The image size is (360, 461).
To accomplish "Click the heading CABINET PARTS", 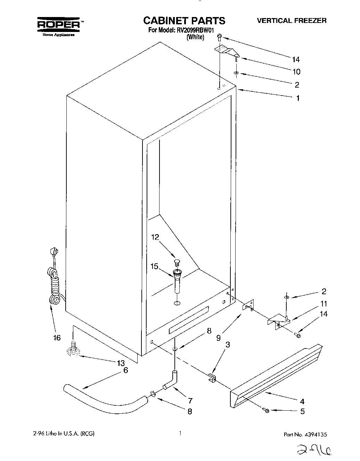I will [184, 20].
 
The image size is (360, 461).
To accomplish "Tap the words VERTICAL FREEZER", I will [292, 20].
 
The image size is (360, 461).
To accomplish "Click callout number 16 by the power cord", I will [57, 337].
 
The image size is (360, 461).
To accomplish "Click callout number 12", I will [155, 237].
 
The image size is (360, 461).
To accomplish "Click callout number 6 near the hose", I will [125, 370].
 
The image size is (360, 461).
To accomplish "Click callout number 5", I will [302, 411].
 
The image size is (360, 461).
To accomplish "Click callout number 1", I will [297, 98].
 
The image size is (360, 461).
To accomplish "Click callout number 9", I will [218, 337].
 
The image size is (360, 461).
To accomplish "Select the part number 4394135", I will [314, 434].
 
